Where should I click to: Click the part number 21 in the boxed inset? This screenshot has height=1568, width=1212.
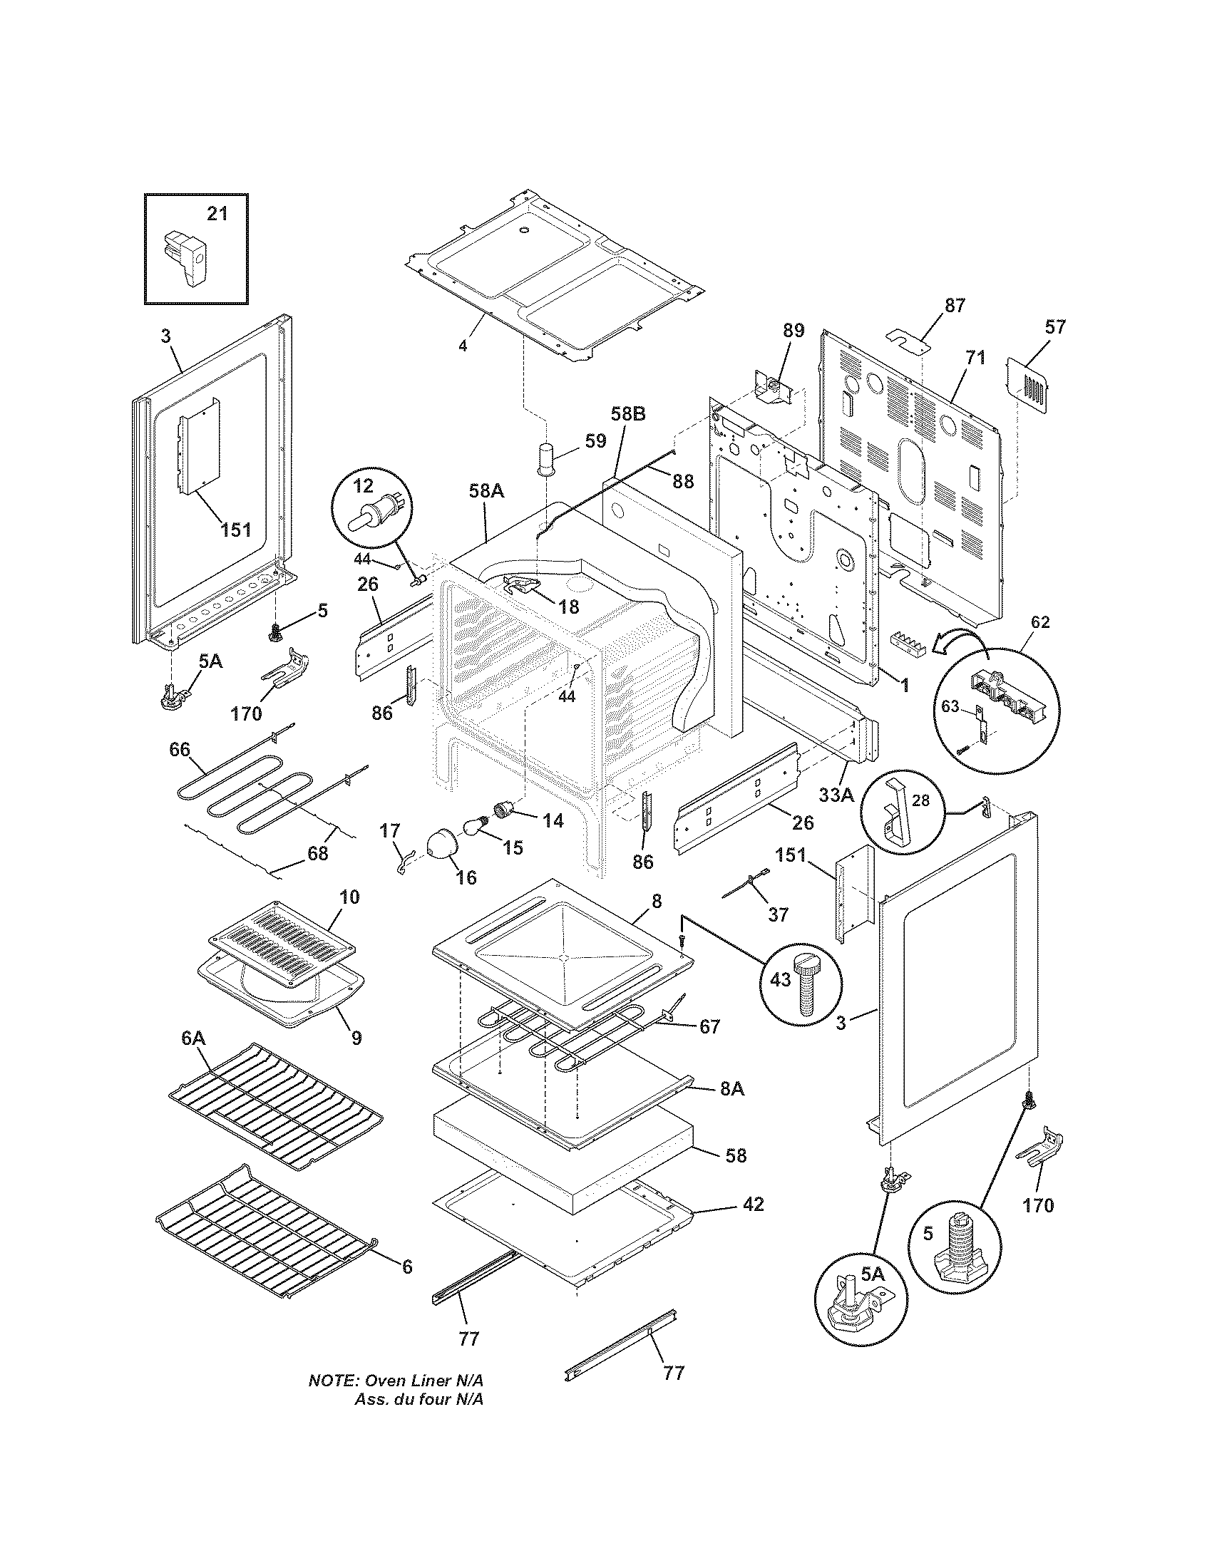(217, 214)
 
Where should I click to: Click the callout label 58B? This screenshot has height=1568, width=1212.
(628, 414)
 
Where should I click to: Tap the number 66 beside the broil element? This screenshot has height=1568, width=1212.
(180, 750)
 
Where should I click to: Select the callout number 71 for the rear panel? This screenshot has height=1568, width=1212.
(975, 358)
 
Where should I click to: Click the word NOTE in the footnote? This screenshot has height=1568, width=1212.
(332, 1400)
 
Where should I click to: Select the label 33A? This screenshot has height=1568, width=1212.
(836, 795)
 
